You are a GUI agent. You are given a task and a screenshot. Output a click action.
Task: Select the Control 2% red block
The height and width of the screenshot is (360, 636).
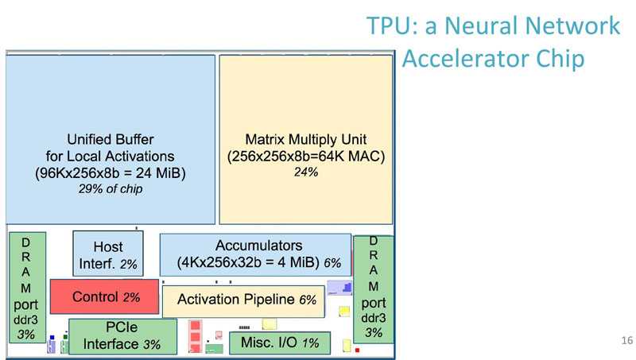coord(104,296)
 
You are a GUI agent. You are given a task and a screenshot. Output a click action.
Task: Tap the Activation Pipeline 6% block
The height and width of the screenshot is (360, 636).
coord(242,300)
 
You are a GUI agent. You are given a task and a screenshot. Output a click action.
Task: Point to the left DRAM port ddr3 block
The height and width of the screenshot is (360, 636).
coord(27,287)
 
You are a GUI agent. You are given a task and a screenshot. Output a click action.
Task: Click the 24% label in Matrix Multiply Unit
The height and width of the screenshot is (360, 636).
coord(306,172)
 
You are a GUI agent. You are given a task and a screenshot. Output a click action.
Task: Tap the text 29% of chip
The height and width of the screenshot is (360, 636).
coord(111,188)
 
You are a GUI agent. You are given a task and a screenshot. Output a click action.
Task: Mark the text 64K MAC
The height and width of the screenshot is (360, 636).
coord(351,157)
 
